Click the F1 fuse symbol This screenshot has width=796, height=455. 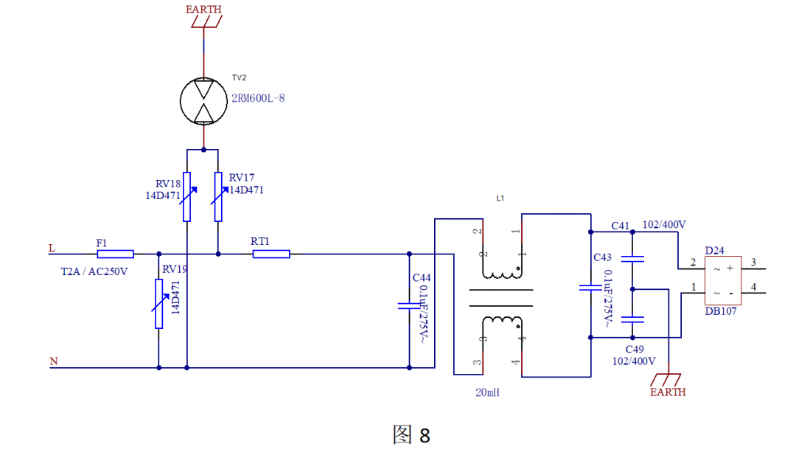pyautogui.click(x=115, y=254)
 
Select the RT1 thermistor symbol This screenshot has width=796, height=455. pyautogui.click(x=271, y=254)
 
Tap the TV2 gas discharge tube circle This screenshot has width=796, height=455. pyautogui.click(x=204, y=100)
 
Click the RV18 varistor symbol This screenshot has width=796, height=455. pyautogui.click(x=187, y=196)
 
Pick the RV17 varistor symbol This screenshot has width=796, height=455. pyautogui.click(x=218, y=196)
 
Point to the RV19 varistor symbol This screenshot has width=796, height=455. pyautogui.click(x=158, y=303)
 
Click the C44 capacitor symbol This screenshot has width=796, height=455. pyautogui.click(x=409, y=305)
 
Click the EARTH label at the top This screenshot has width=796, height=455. pyautogui.click(x=203, y=10)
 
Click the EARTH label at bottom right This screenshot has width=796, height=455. pyautogui.click(x=668, y=392)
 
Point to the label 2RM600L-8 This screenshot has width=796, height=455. pyautogui.click(x=258, y=98)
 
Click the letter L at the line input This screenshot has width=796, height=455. pyautogui.click(x=52, y=249)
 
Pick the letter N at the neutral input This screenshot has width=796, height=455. pyautogui.click(x=53, y=361)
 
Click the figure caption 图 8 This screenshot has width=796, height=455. pyautogui.click(x=411, y=435)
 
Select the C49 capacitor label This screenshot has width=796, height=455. pyautogui.click(x=635, y=349)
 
